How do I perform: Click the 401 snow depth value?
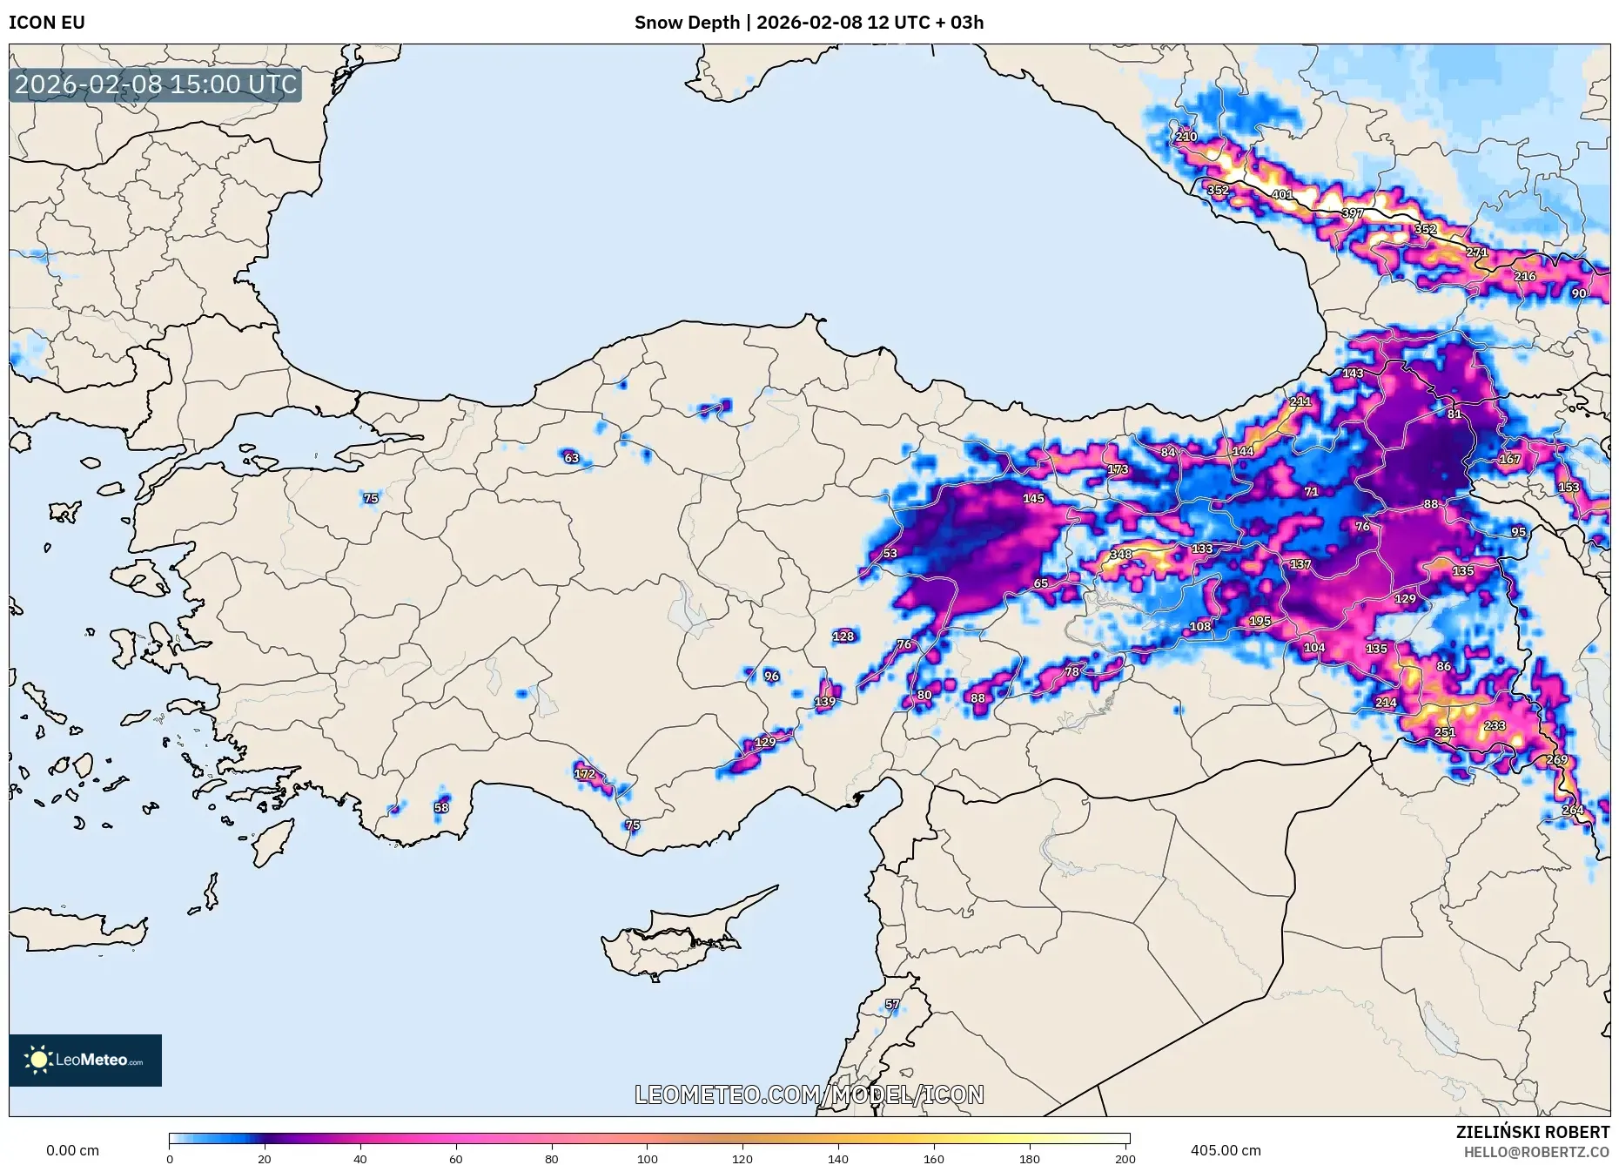coord(1281,194)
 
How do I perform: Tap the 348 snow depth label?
coord(1120,554)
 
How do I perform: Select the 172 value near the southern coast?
coord(585,773)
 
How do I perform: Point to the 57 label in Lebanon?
coord(892,1004)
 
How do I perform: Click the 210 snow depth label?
coord(1186,137)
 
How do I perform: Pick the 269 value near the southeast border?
coord(1556,759)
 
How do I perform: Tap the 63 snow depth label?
coord(571,458)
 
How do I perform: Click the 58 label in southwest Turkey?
coord(441,807)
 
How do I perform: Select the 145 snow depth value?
coord(1033,498)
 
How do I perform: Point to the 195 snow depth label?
coord(1260,621)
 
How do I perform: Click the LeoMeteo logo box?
coord(85,1060)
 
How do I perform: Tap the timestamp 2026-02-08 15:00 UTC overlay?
coord(156,84)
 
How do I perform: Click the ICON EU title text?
coord(47,23)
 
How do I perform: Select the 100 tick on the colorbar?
coord(647,1158)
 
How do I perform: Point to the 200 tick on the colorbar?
coord(1125,1158)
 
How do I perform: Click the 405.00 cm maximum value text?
coord(1225,1150)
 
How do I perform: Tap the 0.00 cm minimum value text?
coord(72,1150)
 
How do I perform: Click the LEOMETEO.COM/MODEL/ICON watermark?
coord(809,1094)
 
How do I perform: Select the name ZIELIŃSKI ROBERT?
coord(1532,1132)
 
